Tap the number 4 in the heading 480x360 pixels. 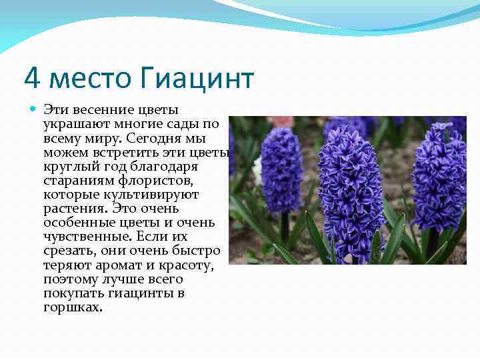(x=31, y=79)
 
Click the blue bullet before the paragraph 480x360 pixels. (x=33, y=109)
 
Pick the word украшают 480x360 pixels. (x=75, y=123)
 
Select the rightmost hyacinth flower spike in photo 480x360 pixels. (x=439, y=177)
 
